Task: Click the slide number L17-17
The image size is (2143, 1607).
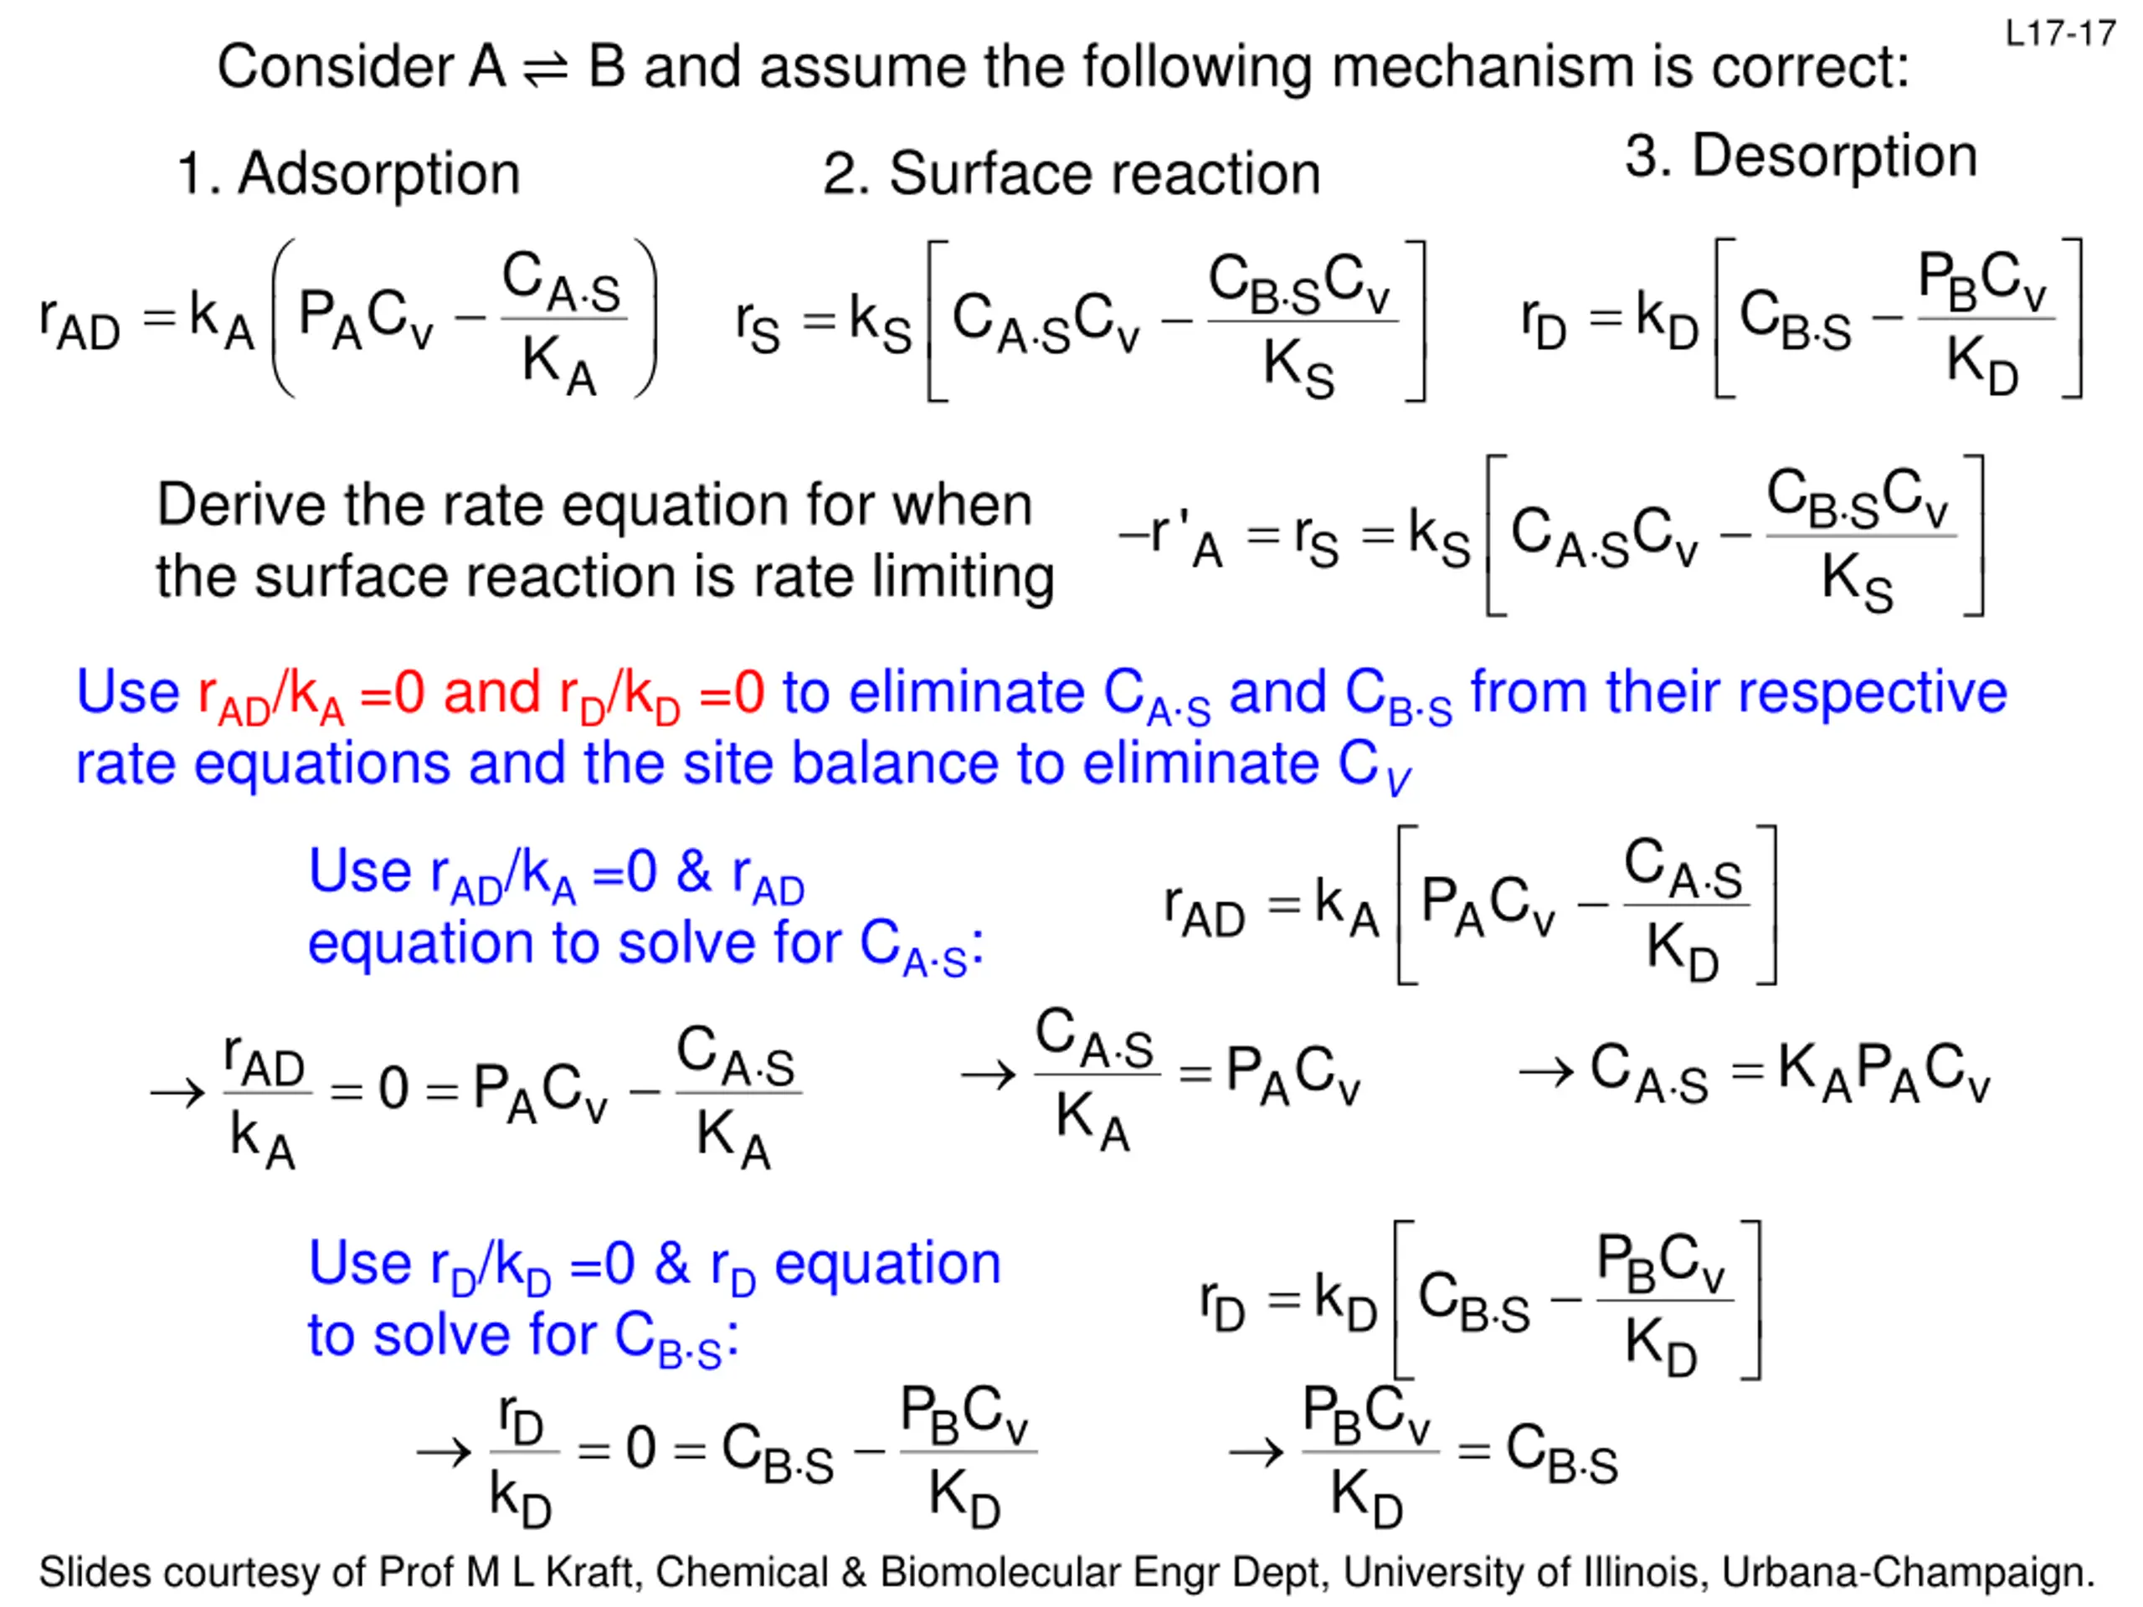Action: tap(2059, 34)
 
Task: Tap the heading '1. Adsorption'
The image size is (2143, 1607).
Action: tap(349, 174)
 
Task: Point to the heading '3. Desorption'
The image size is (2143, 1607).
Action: tap(1801, 157)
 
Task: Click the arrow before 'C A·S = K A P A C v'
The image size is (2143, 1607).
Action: tap(1545, 1072)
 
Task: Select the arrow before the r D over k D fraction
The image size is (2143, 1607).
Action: tap(444, 1451)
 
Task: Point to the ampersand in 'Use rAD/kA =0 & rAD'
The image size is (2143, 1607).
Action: tap(694, 872)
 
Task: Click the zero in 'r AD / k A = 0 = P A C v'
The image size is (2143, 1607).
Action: tap(393, 1088)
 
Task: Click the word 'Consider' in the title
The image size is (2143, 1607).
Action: tap(334, 68)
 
